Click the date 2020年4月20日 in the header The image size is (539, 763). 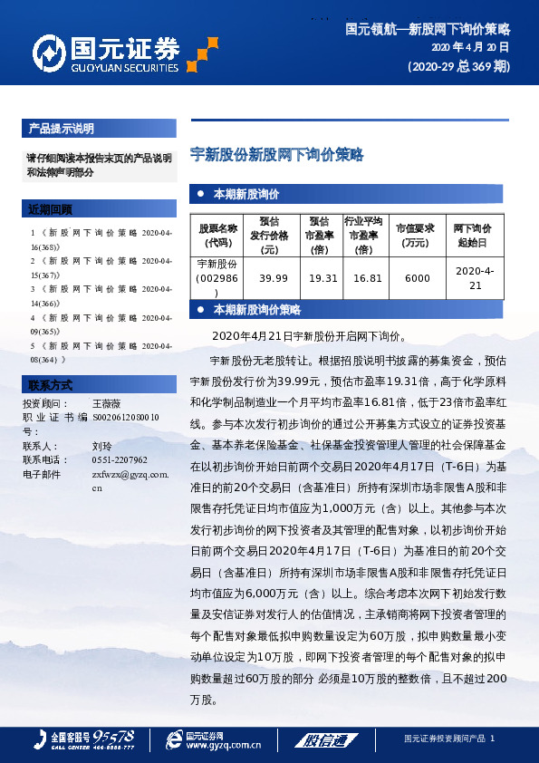(469, 47)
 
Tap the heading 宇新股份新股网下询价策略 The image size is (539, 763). (276, 155)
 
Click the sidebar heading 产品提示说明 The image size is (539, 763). (61, 129)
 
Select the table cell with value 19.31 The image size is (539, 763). (322, 278)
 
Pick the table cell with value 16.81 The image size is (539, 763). (367, 278)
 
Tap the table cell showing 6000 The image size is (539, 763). (417, 278)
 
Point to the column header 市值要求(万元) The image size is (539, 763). (417, 235)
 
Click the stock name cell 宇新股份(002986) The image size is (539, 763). (217, 278)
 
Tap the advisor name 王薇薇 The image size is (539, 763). (106, 402)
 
